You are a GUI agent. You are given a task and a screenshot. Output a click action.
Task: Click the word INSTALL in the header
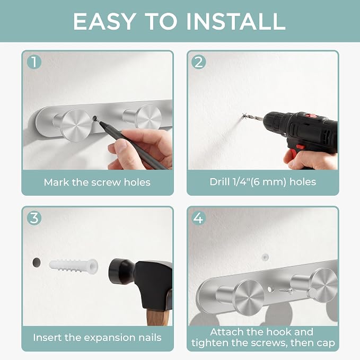[x=236, y=21]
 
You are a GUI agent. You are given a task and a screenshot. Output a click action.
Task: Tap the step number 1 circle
[x=34, y=62]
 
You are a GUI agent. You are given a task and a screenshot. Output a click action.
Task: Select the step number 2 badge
[x=199, y=62]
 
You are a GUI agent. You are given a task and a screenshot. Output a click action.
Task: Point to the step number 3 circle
[x=34, y=218]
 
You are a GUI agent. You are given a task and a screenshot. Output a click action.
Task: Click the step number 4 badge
[x=199, y=218]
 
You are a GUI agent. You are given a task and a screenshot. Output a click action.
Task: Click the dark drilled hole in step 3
[x=37, y=262]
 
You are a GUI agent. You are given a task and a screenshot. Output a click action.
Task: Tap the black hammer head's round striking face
[x=115, y=271]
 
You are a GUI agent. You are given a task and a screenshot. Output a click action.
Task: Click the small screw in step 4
[x=286, y=291]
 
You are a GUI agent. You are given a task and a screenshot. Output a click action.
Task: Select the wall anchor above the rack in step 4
[x=265, y=257]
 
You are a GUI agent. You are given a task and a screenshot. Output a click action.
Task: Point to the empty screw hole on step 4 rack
[x=270, y=289]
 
